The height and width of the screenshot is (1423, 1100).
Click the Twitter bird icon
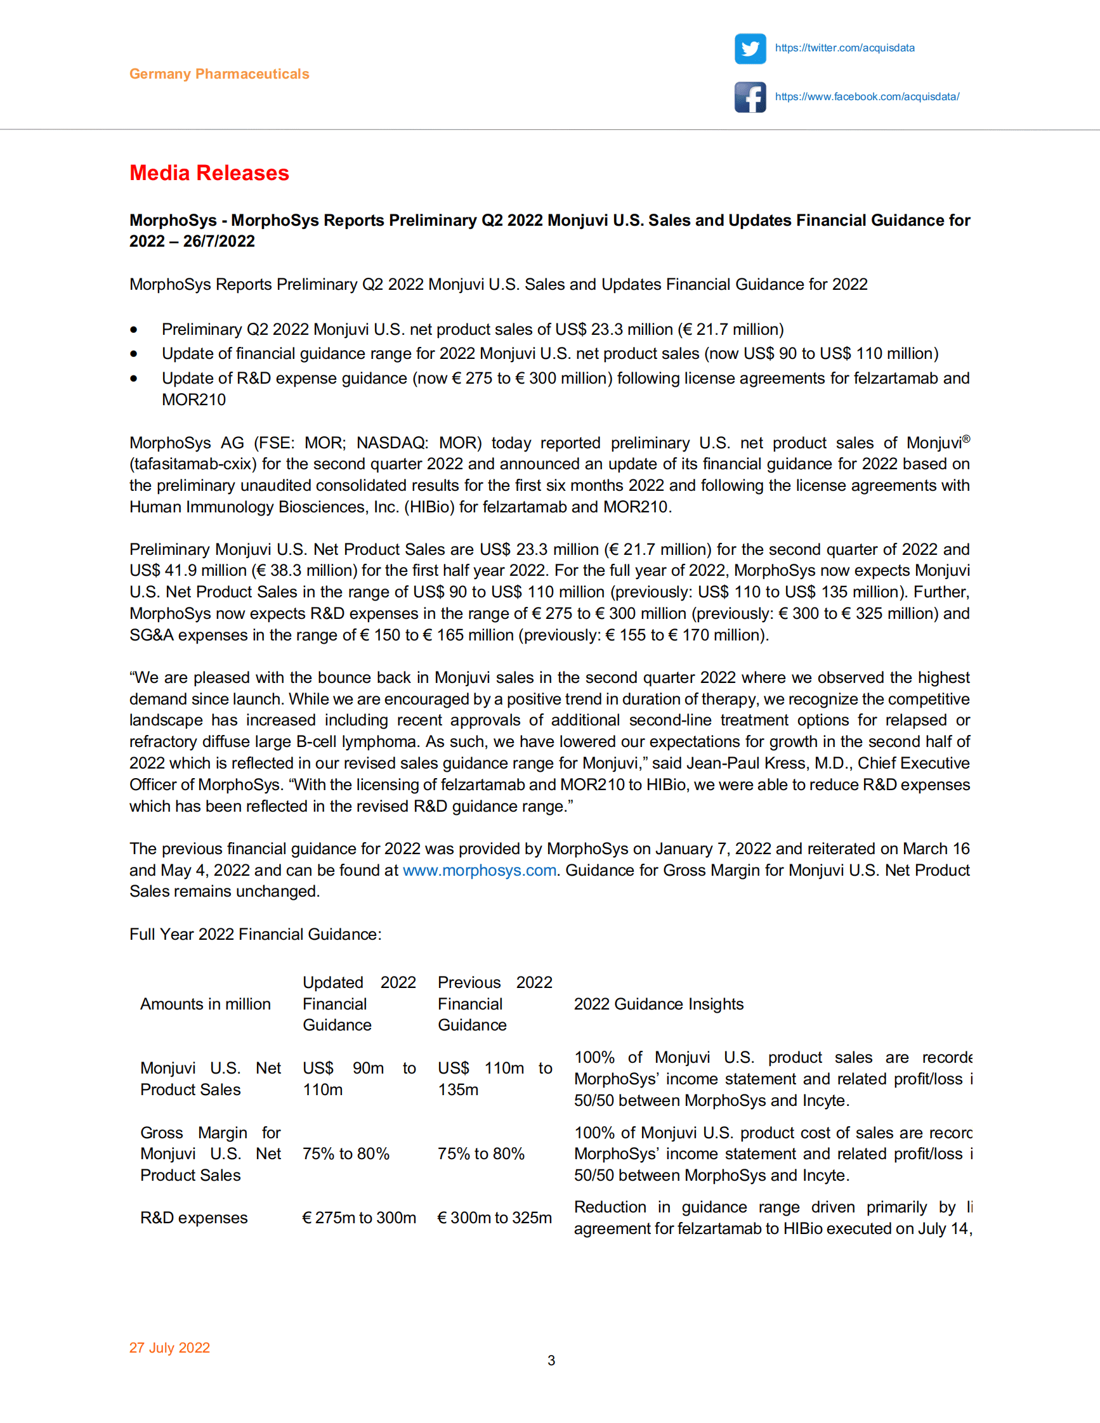click(750, 48)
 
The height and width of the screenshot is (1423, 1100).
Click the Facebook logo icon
click(750, 97)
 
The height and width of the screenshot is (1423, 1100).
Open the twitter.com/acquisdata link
click(844, 48)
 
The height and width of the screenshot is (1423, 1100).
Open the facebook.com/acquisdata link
click(867, 97)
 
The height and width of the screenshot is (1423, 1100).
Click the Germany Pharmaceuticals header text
click(219, 74)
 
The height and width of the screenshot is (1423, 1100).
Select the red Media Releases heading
click(209, 173)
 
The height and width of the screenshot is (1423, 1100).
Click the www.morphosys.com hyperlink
click(479, 871)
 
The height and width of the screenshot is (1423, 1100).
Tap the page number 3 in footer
click(551, 1360)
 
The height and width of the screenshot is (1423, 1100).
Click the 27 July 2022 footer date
click(169, 1348)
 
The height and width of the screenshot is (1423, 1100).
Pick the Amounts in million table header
click(206, 1004)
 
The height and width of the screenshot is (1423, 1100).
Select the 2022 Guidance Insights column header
click(658, 1004)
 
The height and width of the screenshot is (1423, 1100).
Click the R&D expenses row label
click(193, 1218)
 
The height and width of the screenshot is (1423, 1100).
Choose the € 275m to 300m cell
click(358, 1218)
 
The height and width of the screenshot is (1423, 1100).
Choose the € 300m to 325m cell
click(494, 1218)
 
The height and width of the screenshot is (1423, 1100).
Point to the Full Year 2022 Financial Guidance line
click(256, 934)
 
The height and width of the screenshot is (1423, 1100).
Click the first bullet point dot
click(134, 330)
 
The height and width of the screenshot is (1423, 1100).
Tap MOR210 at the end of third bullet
click(193, 400)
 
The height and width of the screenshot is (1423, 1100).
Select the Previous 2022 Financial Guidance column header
click(495, 1004)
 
